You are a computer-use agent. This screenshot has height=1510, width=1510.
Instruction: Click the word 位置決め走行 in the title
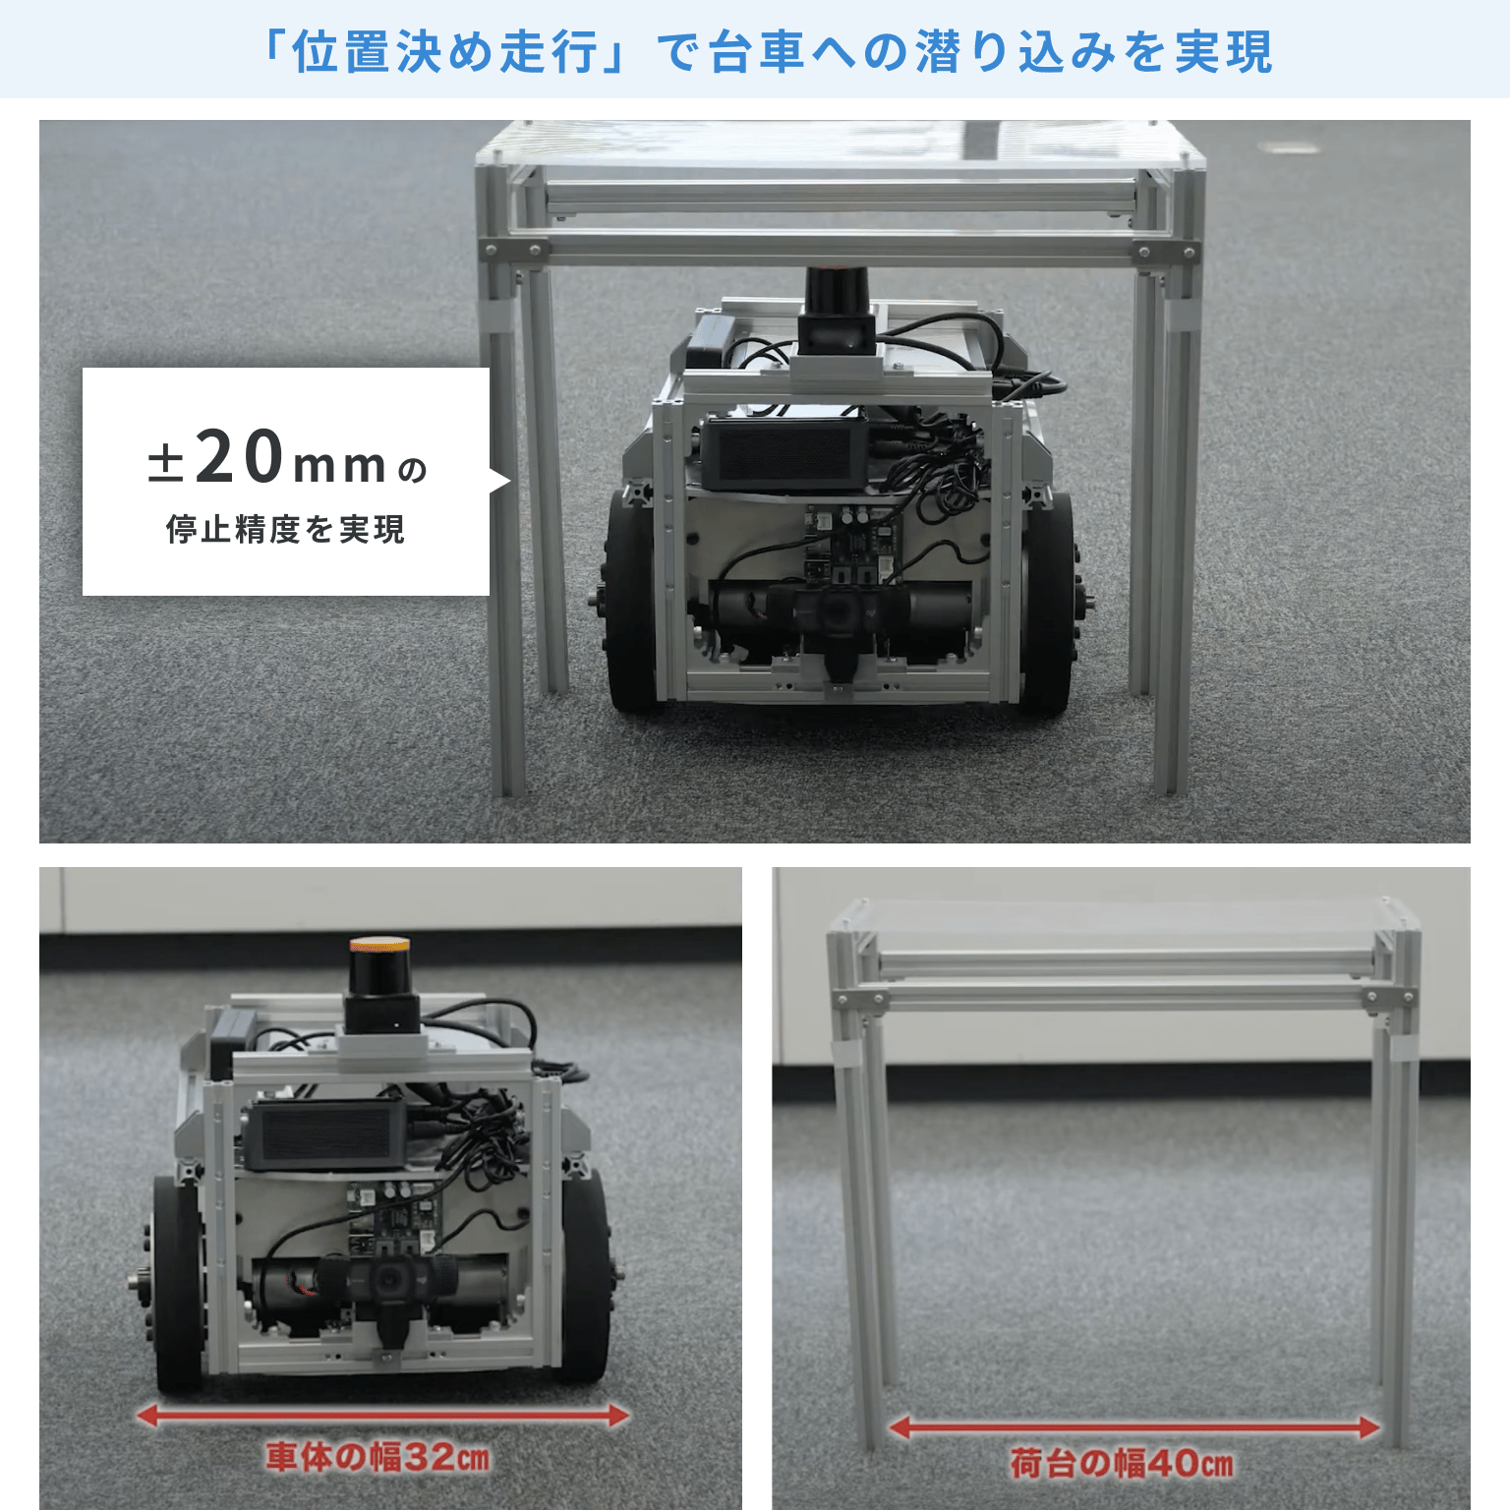click(445, 51)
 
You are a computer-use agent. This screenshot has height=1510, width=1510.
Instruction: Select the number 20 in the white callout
click(240, 456)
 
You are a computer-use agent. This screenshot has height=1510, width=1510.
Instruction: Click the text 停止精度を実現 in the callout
click(285, 529)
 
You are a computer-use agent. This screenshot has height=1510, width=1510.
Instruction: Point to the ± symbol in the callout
click(165, 463)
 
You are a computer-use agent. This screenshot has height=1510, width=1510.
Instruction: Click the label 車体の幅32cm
click(377, 1456)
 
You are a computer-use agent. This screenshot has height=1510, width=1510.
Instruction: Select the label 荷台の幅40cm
click(1121, 1463)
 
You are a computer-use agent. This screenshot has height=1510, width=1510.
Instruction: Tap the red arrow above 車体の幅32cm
click(382, 1416)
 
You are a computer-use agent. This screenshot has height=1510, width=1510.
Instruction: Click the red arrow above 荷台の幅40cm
click(1134, 1427)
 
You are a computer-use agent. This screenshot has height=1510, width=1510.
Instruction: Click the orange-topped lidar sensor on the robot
click(380, 983)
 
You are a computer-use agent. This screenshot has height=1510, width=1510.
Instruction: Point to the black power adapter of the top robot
click(783, 452)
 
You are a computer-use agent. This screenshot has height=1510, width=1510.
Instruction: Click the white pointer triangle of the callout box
click(500, 481)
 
